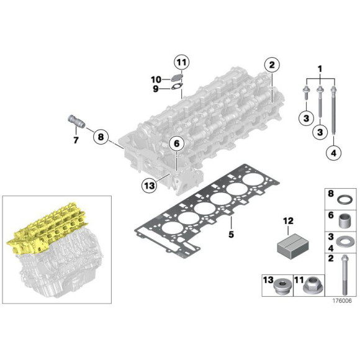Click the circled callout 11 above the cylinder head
[181, 62]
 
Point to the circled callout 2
[271, 65]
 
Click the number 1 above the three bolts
[320, 67]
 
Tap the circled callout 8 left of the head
[102, 135]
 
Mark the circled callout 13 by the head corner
[147, 184]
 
